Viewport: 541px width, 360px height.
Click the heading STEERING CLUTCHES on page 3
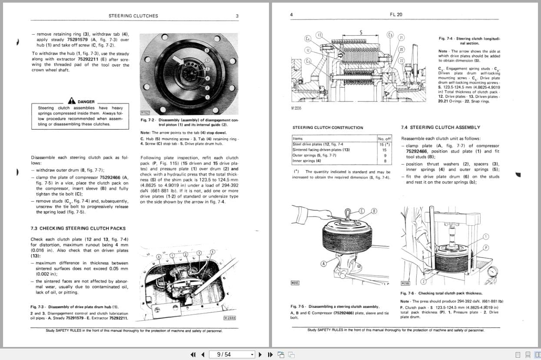point(133,16)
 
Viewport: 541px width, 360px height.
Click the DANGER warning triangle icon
point(72,101)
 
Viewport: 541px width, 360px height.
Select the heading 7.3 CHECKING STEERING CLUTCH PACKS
point(78,228)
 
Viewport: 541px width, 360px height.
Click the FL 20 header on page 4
point(396,14)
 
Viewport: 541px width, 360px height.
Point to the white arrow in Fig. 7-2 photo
point(179,60)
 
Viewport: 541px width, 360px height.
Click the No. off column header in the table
point(385,139)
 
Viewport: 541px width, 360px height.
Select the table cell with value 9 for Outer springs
point(385,155)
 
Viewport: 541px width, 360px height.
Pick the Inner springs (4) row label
point(307,161)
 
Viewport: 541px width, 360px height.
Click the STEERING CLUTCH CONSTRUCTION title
point(328,128)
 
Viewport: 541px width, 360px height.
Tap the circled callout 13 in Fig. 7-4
point(319,35)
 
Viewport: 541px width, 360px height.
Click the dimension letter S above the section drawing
point(361,32)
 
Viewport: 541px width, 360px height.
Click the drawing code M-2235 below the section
point(296,108)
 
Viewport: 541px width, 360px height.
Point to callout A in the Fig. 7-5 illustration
point(324,263)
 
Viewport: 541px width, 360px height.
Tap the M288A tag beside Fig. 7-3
point(230,318)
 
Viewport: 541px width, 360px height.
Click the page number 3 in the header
point(237,16)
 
